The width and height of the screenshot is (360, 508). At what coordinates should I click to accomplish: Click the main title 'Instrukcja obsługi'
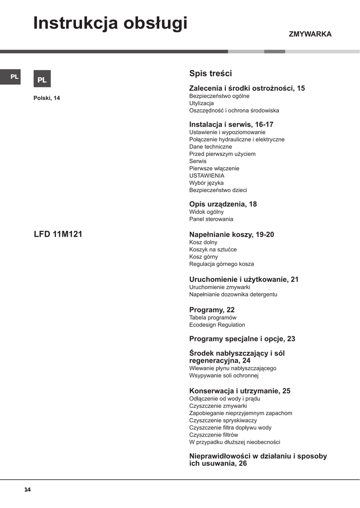(x=110, y=23)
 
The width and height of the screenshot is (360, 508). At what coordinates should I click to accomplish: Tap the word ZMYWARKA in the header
(x=310, y=34)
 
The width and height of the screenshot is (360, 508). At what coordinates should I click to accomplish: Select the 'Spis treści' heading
(x=211, y=73)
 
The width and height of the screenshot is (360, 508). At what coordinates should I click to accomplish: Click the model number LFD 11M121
(x=58, y=234)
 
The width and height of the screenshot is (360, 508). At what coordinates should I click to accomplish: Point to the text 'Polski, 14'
(x=47, y=98)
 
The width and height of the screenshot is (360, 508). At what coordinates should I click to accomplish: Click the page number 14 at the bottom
(x=27, y=490)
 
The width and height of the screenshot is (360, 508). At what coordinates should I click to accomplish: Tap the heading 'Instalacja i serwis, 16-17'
(x=231, y=125)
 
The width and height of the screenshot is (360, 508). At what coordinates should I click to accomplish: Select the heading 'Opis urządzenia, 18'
(x=223, y=204)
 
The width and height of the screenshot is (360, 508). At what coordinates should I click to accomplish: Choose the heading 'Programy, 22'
(x=212, y=310)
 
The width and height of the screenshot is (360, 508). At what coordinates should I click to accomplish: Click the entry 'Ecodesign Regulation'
(x=217, y=325)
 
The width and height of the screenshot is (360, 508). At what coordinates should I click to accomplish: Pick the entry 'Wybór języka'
(x=206, y=183)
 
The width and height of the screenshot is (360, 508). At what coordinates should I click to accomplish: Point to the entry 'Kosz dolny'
(x=204, y=242)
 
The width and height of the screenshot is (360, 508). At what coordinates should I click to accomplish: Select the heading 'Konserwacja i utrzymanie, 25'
(x=240, y=391)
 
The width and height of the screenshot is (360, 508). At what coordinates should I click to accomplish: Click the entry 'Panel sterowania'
(x=211, y=219)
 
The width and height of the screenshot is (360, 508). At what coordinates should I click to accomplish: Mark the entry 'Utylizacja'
(x=201, y=103)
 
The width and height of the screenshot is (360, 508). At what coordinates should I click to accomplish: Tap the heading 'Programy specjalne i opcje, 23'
(x=242, y=339)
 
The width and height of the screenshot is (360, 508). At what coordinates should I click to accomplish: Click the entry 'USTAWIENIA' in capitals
(x=207, y=176)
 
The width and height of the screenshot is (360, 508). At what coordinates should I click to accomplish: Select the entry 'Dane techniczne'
(x=211, y=147)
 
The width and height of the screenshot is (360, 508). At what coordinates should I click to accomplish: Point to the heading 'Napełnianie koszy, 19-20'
(x=231, y=234)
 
